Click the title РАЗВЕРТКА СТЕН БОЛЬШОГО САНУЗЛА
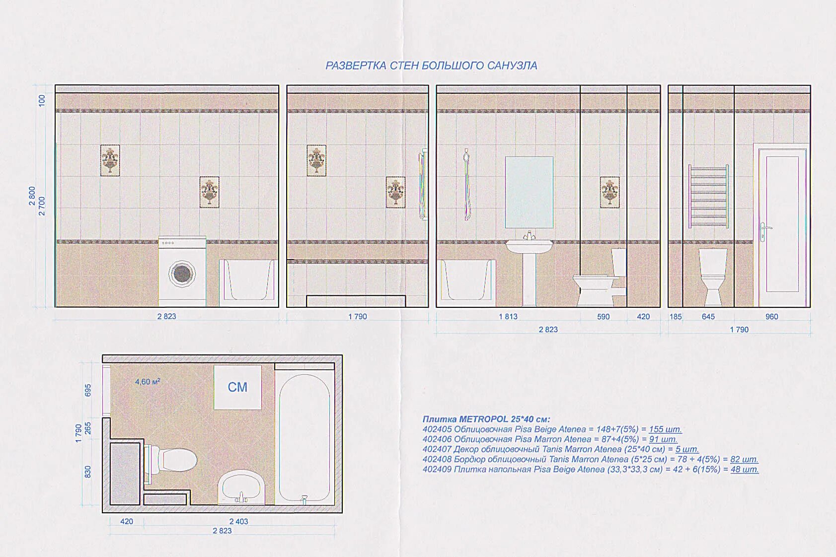point(431,66)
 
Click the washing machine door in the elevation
point(182,274)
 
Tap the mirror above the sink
point(529,192)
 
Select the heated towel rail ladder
point(708,196)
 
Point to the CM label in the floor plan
point(237,387)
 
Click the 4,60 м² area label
point(148,382)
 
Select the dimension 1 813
point(508,317)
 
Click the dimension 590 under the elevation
point(603,317)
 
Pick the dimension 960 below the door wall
point(772,317)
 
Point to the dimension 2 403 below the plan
point(238,522)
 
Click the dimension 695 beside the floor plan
point(88,390)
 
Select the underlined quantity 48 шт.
point(745,469)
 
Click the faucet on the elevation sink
point(529,235)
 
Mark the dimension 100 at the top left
point(42,100)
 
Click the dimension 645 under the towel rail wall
point(708,317)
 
